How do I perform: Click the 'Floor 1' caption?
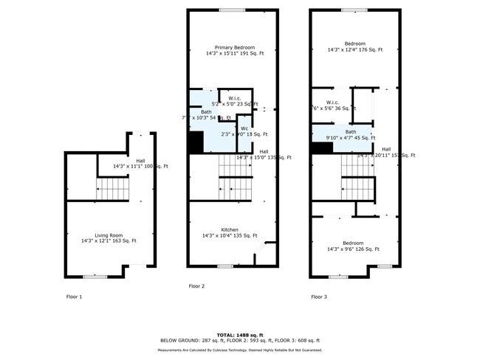click(74, 297)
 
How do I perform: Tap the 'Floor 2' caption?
click(196, 285)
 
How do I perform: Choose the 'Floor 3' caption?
click(319, 297)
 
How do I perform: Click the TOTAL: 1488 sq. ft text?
click(240, 334)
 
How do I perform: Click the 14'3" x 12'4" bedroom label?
click(354, 46)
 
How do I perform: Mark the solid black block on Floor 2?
click(196, 142)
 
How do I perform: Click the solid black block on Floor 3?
click(320, 148)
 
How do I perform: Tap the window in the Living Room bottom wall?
click(95, 277)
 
